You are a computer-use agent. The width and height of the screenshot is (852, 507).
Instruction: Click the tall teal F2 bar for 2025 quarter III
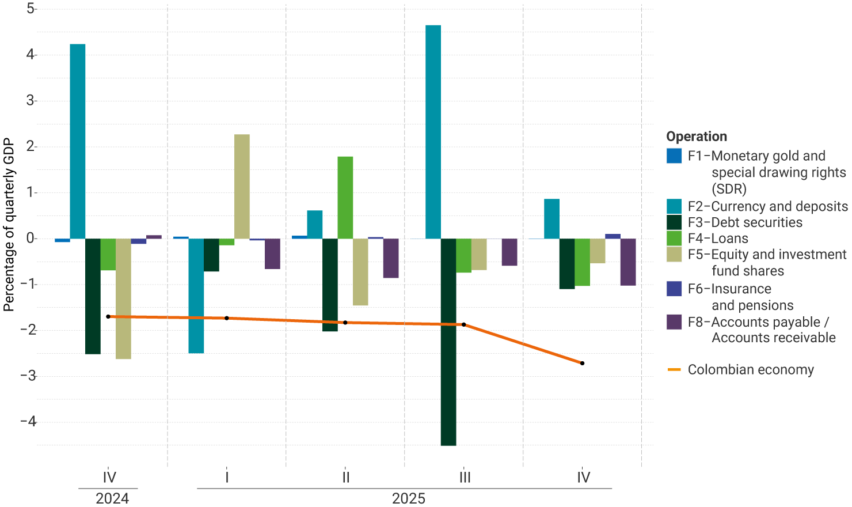(x=433, y=132)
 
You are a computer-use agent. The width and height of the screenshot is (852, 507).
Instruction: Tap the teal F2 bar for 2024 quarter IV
(x=78, y=141)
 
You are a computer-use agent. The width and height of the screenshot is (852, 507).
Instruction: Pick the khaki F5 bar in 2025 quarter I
(x=242, y=187)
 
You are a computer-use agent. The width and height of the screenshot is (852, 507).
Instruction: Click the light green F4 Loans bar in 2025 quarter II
(x=345, y=198)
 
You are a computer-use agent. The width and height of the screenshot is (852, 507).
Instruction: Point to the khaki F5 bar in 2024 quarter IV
(x=123, y=298)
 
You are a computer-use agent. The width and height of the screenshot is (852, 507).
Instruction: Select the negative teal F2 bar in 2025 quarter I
(x=196, y=296)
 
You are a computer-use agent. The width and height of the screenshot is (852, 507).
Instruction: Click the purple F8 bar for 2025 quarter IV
(x=628, y=262)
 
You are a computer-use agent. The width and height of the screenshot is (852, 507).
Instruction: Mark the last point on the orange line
(x=583, y=364)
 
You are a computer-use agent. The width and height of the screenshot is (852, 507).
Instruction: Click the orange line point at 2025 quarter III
(x=464, y=325)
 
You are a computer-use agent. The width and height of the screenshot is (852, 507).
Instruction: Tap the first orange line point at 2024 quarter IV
(x=108, y=317)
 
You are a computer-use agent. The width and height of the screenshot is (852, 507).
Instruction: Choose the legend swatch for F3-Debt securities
(x=674, y=222)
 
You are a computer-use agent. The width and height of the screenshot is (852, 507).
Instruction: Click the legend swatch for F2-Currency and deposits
(x=674, y=206)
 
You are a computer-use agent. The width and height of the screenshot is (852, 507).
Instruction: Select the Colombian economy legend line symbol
(x=674, y=370)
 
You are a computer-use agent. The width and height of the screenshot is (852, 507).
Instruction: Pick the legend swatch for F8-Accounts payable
(x=674, y=322)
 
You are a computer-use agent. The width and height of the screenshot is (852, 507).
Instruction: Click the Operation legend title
(x=697, y=137)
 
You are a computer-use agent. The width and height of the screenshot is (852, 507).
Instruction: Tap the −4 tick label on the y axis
(x=28, y=422)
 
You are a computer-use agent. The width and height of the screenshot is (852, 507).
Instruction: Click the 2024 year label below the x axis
(x=112, y=498)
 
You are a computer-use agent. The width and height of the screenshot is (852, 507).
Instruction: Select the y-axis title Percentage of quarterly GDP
(x=9, y=225)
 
